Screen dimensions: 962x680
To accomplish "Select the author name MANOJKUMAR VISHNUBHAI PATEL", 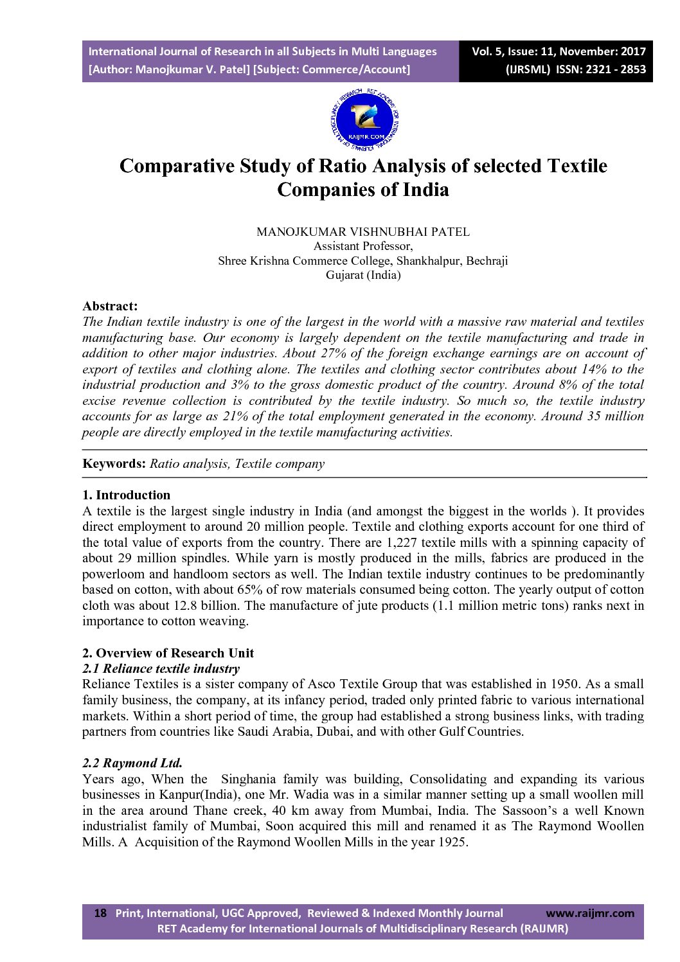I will pyautogui.click(x=362, y=232).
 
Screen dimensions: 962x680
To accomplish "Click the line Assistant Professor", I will pyautogui.click(x=362, y=246).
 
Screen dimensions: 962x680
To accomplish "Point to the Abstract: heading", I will pyautogui.click(x=110, y=306).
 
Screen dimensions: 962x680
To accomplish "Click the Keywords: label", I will pyautogui.click(x=114, y=464).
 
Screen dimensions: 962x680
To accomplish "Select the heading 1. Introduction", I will pyautogui.click(x=126, y=495).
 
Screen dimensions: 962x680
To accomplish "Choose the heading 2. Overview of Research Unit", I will pyautogui.click(x=168, y=653).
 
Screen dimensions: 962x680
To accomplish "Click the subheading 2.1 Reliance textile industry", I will pyautogui.click(x=161, y=668).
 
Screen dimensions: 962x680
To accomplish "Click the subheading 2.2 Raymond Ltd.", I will pyautogui.click(x=132, y=763).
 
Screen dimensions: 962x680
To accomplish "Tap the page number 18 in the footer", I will pyautogui.click(x=100, y=913).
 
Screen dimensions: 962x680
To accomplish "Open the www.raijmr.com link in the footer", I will pyautogui.click(x=589, y=913).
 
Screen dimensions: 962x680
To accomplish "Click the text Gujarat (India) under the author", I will pyautogui.click(x=362, y=275).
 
